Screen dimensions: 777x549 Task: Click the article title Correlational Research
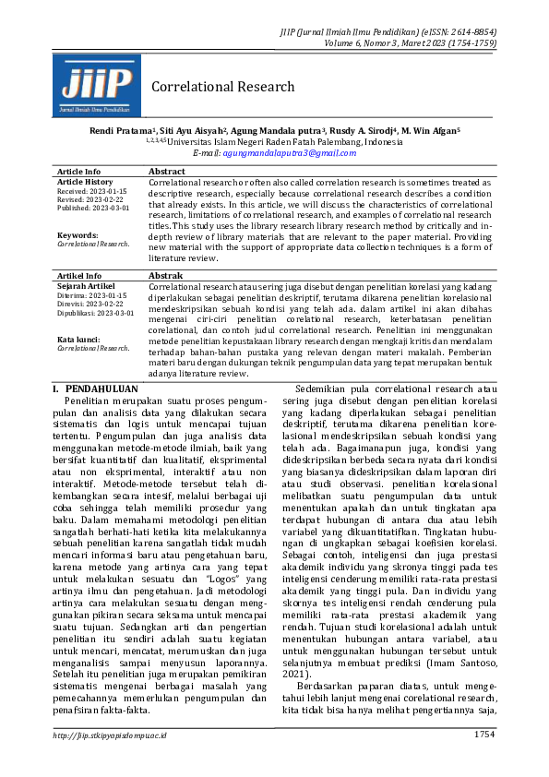pos(222,87)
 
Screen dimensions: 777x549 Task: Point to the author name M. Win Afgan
pos(432,132)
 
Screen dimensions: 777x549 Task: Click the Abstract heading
pos(167,172)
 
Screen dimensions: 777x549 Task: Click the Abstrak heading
pos(167,276)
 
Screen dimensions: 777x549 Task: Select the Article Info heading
pos(79,172)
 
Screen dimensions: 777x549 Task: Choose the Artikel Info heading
pos(80,276)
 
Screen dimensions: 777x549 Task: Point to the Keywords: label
pos(78,235)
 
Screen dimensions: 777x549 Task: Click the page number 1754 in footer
pos(483,760)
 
